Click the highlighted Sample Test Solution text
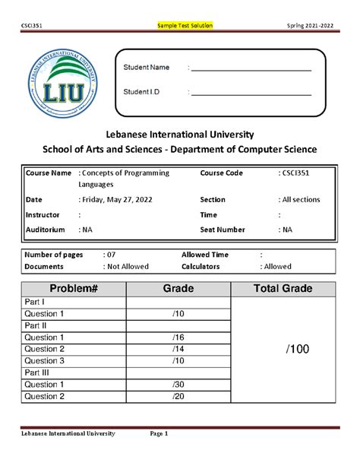(x=185, y=26)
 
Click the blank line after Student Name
(x=251, y=70)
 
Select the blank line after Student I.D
(x=251, y=94)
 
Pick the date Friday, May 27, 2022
(x=115, y=200)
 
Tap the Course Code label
(x=222, y=173)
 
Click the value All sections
(x=301, y=200)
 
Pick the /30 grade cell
(x=178, y=385)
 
